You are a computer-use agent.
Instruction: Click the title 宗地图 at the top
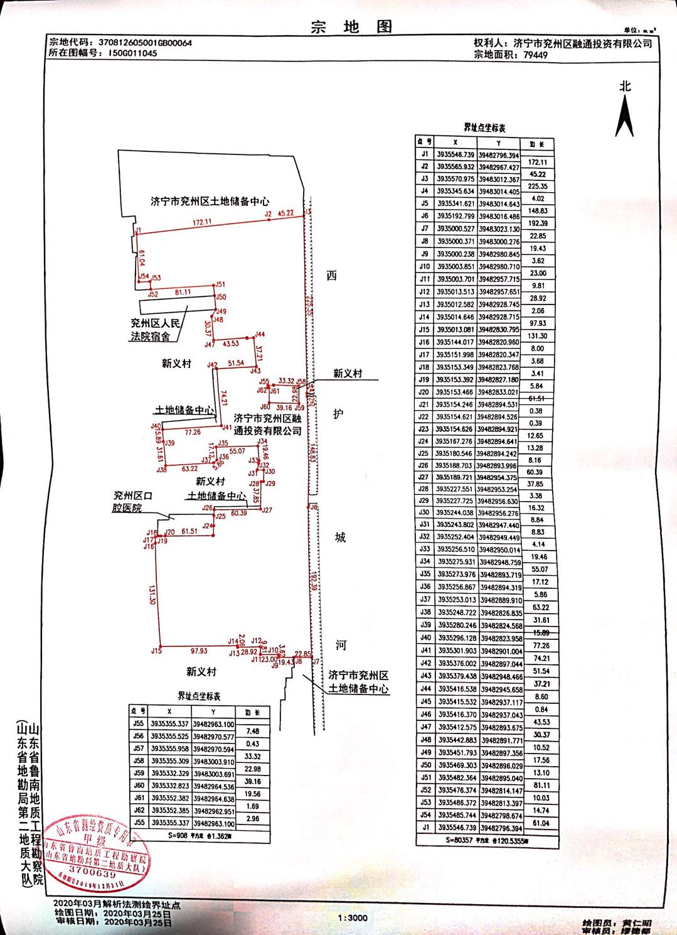(351, 26)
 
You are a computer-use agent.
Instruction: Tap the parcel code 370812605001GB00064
(145, 43)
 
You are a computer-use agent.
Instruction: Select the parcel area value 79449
(535, 55)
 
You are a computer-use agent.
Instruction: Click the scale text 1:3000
(352, 917)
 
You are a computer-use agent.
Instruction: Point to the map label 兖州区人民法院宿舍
(154, 330)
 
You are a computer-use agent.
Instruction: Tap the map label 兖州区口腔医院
(132, 502)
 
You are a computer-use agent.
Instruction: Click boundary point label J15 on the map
(156, 651)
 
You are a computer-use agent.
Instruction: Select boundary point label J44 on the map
(260, 335)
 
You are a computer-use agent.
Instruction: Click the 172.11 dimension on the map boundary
(202, 222)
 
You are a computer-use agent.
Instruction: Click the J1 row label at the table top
(425, 154)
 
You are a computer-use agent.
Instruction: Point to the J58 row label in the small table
(138, 761)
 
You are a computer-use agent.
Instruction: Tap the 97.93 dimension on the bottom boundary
(199, 651)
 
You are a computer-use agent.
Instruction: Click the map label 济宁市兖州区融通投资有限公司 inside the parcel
(268, 424)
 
